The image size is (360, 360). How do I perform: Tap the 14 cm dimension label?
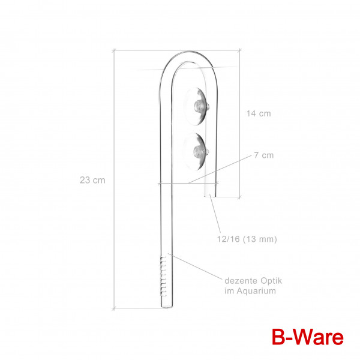click(259, 113)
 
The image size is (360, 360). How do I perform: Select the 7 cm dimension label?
click(263, 155)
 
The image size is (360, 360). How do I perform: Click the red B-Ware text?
click(308, 336)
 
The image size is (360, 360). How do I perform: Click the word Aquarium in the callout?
click(259, 291)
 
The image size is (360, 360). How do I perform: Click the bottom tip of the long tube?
click(166, 309)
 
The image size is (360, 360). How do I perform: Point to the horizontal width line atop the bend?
click(174, 51)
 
